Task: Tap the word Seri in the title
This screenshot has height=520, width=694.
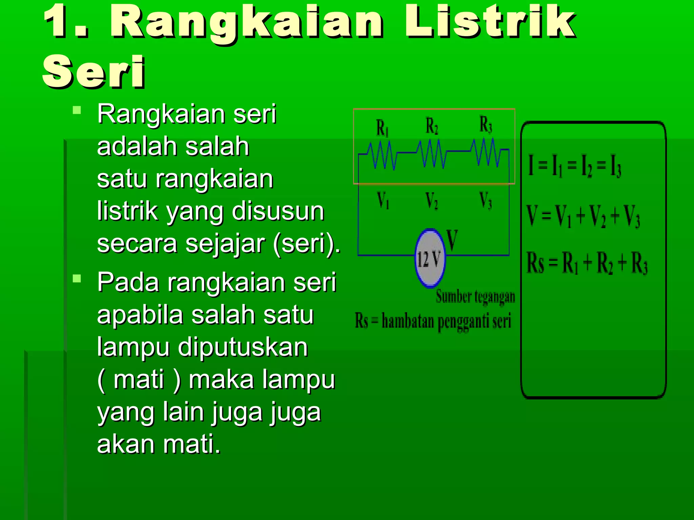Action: [x=94, y=72]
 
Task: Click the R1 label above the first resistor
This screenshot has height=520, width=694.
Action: [x=383, y=128]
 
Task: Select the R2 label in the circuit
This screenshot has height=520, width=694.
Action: [x=432, y=126]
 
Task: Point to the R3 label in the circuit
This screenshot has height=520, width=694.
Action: [x=486, y=125]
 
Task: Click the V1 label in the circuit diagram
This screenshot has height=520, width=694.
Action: [x=383, y=200]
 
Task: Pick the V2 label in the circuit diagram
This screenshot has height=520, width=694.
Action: [x=432, y=200]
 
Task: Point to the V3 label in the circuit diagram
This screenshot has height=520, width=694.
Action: [x=486, y=200]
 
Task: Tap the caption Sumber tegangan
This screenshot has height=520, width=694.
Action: [x=475, y=297]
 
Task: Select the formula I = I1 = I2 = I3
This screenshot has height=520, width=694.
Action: [x=575, y=166]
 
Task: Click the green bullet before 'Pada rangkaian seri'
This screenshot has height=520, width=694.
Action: [x=77, y=279]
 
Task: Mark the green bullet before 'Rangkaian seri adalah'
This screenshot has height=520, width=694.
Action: [x=77, y=110]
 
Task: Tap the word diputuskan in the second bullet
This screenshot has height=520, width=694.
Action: [x=243, y=347]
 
